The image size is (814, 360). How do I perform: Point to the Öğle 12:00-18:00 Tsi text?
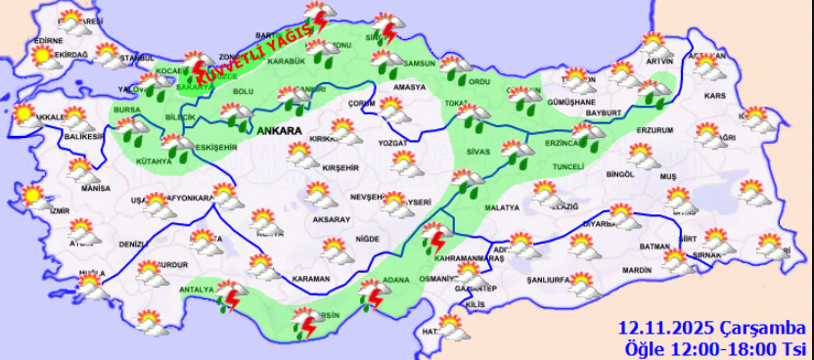pyautogui.click(x=715, y=348)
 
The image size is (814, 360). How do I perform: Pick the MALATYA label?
pyautogui.click(x=501, y=208)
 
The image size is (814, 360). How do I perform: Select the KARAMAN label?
pyautogui.click(x=310, y=279)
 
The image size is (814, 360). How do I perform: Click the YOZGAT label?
pyautogui.click(x=391, y=143)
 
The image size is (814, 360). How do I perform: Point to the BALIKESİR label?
pyautogui.click(x=79, y=137)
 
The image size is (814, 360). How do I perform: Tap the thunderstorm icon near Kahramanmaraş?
pyautogui.click(x=433, y=238)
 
